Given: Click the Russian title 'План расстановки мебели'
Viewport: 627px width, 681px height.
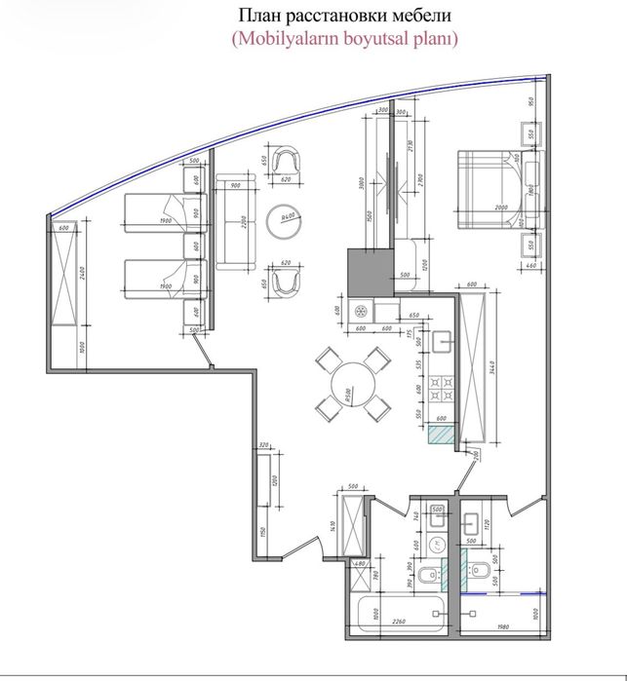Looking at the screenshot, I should (316, 17).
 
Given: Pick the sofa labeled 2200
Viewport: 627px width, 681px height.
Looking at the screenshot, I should (234, 223).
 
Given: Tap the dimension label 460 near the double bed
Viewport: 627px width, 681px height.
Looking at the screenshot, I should (530, 264).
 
